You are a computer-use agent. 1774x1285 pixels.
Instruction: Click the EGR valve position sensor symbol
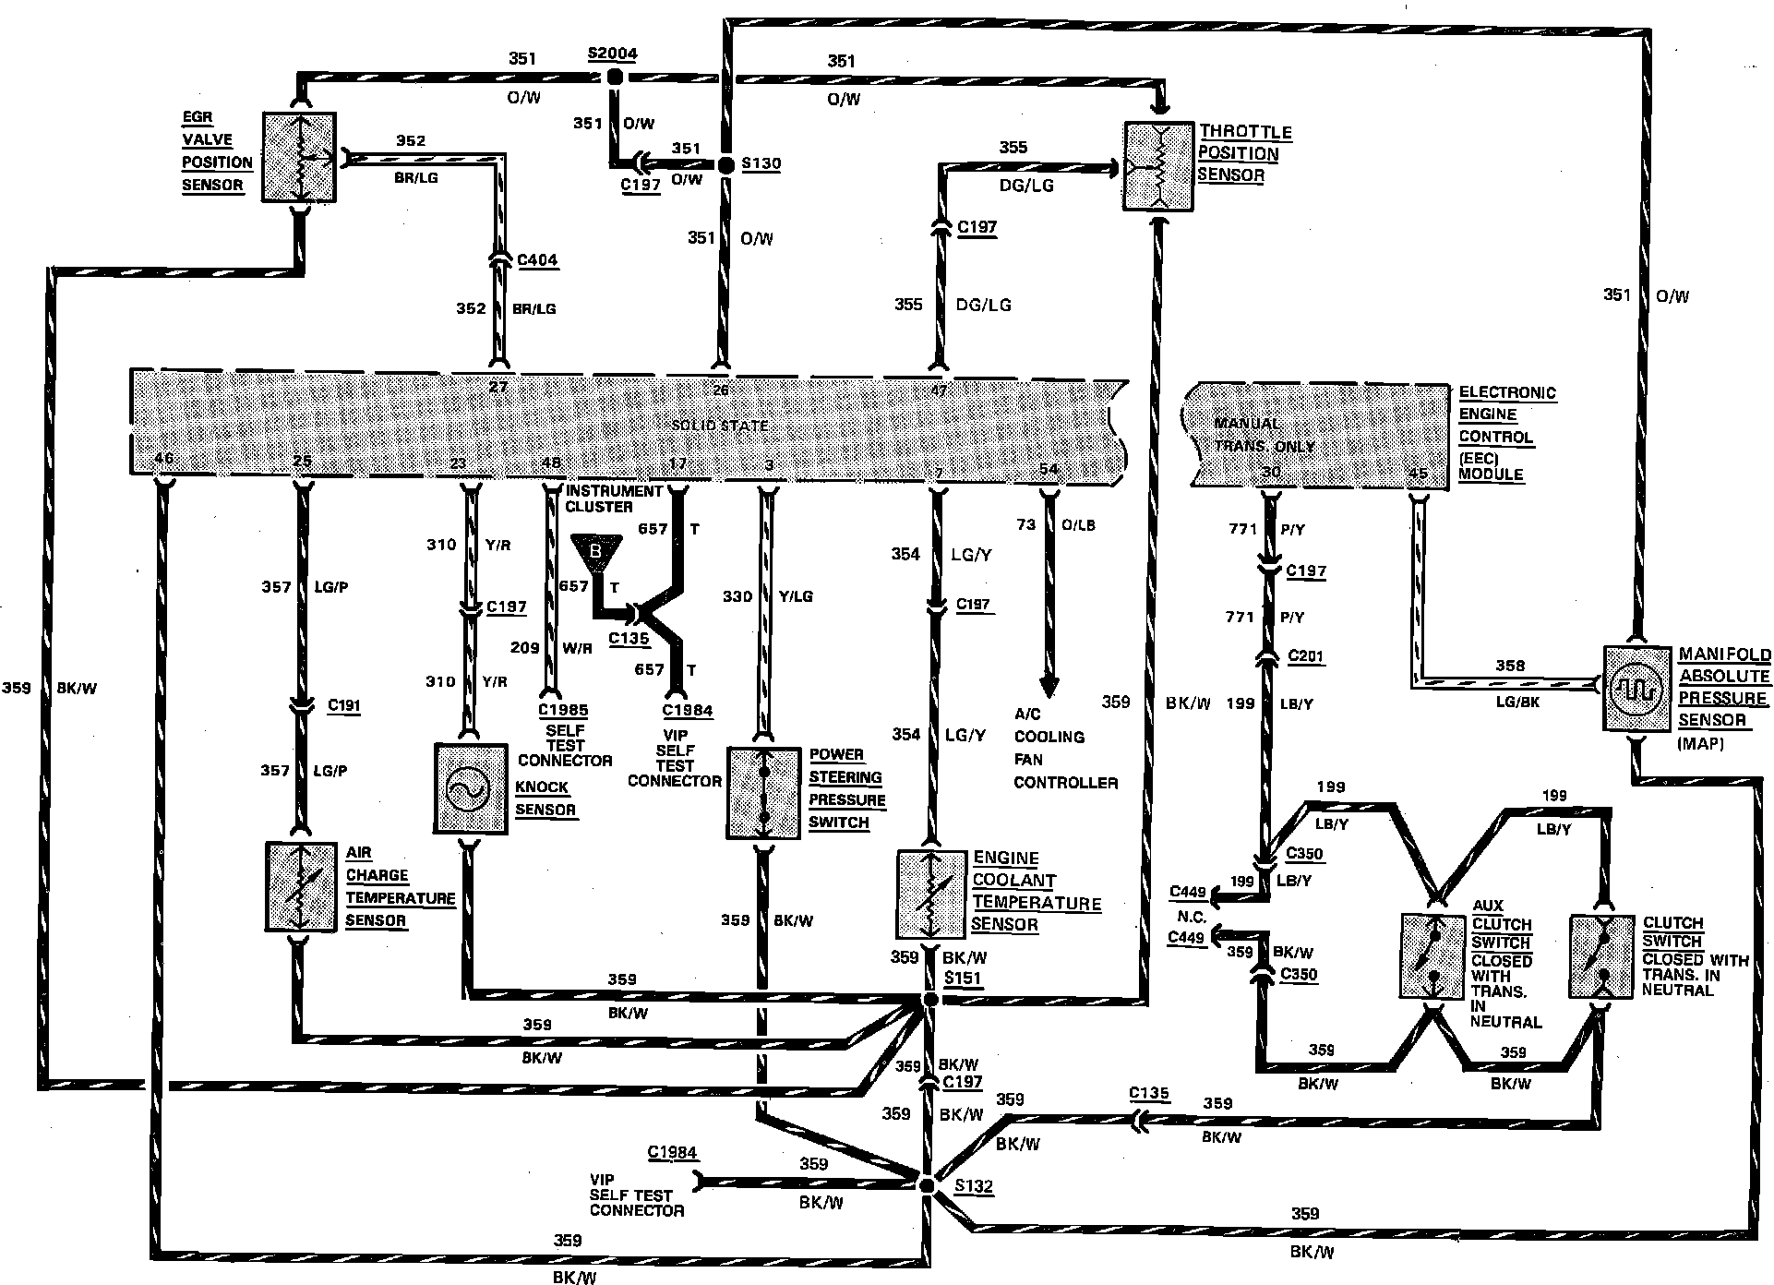299,157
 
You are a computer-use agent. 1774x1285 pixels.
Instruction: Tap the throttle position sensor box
1159,166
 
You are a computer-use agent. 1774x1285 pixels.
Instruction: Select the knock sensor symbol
471,789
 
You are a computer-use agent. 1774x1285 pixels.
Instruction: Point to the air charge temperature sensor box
300,886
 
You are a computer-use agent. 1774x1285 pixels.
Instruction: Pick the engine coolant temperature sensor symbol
931,894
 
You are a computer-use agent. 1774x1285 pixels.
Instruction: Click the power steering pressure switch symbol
763,793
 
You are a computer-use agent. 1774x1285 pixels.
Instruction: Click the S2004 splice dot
612,78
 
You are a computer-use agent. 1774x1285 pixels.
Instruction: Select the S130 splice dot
725,164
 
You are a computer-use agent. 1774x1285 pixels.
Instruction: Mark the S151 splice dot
931,1001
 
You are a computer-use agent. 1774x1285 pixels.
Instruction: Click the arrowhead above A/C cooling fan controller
1049,687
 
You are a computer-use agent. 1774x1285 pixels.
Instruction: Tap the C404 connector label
537,260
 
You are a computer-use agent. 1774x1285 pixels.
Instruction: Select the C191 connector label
344,706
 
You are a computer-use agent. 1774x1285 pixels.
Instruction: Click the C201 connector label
1305,657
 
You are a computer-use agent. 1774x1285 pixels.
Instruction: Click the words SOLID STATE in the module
719,426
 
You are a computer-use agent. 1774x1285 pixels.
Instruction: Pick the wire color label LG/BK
1516,703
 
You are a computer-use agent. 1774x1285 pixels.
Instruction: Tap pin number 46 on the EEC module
164,459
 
